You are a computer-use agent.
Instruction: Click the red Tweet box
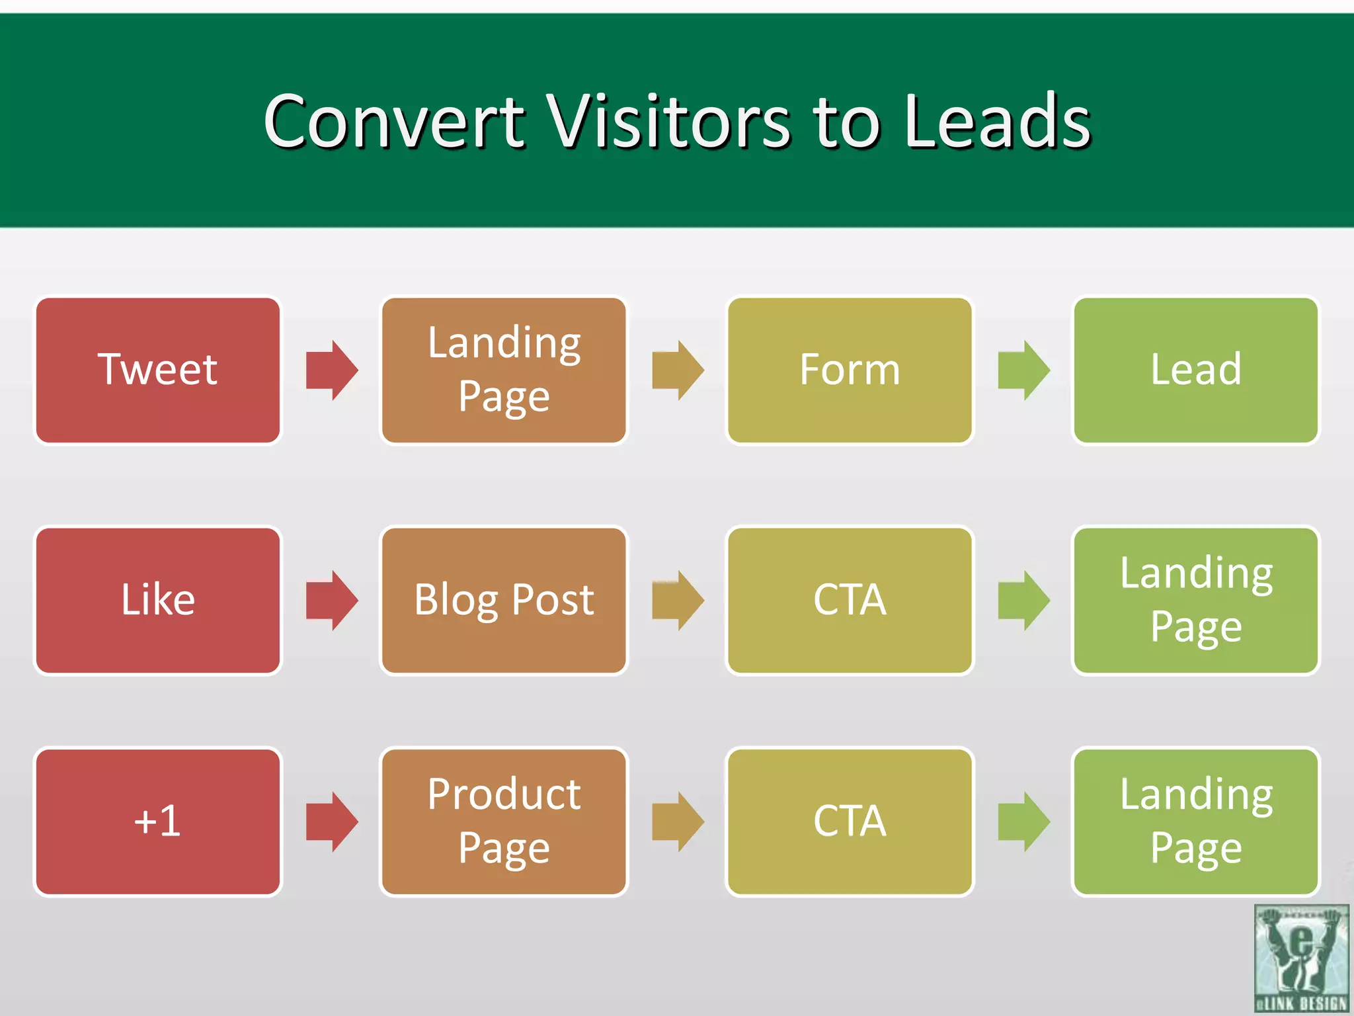(157, 370)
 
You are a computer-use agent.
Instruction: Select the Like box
(157, 600)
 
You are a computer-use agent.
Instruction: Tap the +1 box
(157, 822)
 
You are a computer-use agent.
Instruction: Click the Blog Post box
(504, 600)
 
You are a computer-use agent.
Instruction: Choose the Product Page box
(504, 822)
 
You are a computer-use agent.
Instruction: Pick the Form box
(850, 370)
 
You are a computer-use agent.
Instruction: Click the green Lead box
(1195, 370)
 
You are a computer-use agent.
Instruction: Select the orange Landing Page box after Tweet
(504, 370)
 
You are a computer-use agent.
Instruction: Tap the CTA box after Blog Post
(850, 600)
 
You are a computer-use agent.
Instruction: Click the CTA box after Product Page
(850, 822)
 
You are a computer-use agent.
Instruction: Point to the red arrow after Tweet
(332, 370)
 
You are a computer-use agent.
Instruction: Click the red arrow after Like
(332, 600)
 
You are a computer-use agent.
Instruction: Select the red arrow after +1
(332, 822)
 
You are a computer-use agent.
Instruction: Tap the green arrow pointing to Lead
(1023, 370)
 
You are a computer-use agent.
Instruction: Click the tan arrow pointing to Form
(678, 370)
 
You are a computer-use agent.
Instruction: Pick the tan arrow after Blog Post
(678, 600)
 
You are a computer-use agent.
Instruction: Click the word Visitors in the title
(670, 122)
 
